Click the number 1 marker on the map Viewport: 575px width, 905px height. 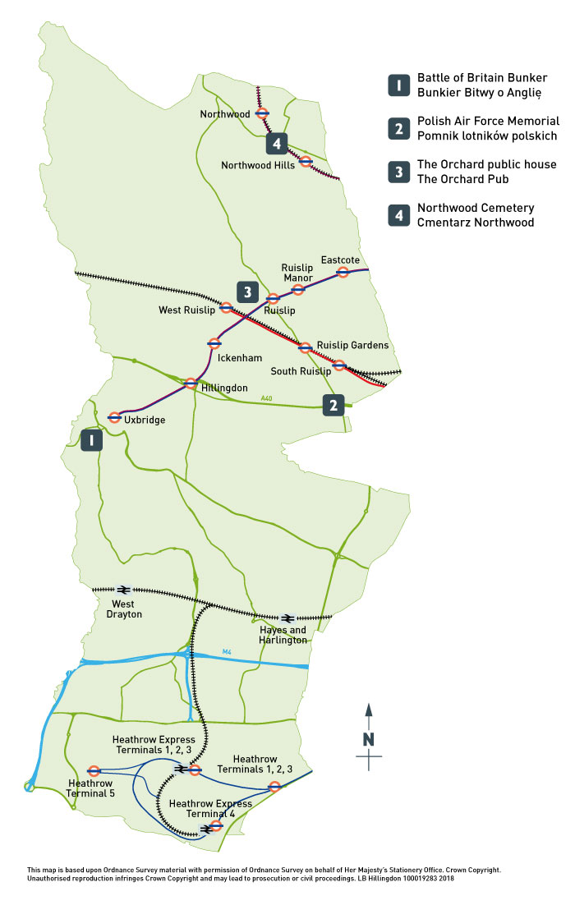pos(91,440)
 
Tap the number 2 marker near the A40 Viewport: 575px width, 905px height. pos(333,405)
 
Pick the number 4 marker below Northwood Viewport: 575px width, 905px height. pos(278,144)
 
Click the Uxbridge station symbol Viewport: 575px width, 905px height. pos(115,417)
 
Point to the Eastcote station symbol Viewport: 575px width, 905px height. pos(343,272)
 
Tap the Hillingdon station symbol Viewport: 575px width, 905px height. pos(191,384)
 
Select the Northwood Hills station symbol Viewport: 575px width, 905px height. pos(305,161)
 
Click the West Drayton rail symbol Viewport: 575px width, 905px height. pos(123,590)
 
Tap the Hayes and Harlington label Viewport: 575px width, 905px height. pos(283,634)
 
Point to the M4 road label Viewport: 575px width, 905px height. pos(228,652)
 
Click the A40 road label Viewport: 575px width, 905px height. pos(266,399)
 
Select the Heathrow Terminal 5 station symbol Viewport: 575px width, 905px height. pos(94,771)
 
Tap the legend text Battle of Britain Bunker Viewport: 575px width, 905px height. pos(481,77)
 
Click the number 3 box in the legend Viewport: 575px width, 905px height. pos(398,172)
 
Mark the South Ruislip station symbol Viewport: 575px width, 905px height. pos(338,365)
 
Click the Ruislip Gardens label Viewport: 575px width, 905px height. pos(352,345)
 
